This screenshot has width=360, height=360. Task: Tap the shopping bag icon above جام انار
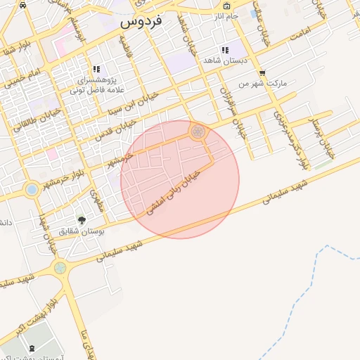pyautogui.click(x=253, y=14)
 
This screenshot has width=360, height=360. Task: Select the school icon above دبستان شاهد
pyautogui.click(x=225, y=51)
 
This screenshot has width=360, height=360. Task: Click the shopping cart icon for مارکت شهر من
pyautogui.click(x=262, y=73)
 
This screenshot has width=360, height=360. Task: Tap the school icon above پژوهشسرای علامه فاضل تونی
pyautogui.click(x=96, y=69)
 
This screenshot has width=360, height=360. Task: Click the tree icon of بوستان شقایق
pyautogui.click(x=81, y=220)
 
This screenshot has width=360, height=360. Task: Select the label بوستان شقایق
pyautogui.click(x=79, y=231)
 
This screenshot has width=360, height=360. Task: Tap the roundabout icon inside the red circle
pyautogui.click(x=198, y=131)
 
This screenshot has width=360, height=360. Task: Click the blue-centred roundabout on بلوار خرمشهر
pyautogui.click(x=32, y=189)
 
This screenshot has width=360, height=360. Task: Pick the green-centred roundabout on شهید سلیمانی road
pyautogui.click(x=60, y=267)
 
